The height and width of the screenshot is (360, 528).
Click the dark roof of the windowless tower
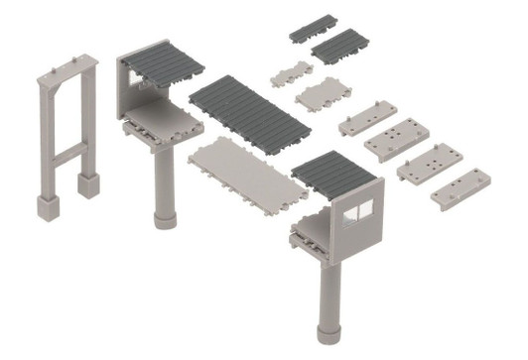[x=166, y=63]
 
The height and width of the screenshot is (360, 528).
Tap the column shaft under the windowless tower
[x=162, y=179]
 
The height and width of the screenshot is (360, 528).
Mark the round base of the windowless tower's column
[x=163, y=217]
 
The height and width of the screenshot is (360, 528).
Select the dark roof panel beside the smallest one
[x=339, y=46]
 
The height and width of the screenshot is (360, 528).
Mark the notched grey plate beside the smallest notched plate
[x=323, y=94]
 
